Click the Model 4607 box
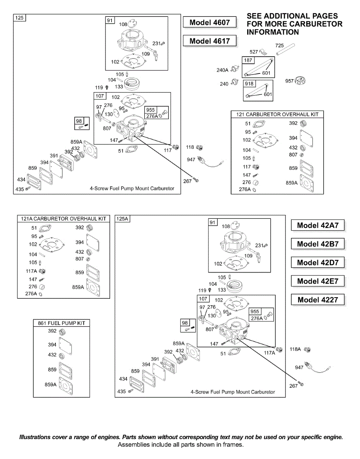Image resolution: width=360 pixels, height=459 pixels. tap(210, 23)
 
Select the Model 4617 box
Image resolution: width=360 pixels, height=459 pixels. tap(210, 41)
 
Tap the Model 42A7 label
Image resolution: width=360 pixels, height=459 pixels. tap(318, 225)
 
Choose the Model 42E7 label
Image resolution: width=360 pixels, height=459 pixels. tap(318, 281)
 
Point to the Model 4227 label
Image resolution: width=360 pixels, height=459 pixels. tap(318, 300)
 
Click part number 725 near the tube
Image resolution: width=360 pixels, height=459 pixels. tap(279, 46)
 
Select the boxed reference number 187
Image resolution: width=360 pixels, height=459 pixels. tap(248, 61)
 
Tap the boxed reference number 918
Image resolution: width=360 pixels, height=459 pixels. tap(249, 84)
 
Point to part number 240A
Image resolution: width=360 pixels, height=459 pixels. tap(222, 70)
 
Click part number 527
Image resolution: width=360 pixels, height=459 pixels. tap(254, 52)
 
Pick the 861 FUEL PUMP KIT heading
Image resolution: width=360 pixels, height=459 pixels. tap(62, 323)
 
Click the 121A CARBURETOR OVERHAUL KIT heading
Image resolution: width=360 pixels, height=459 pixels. tap(63, 219)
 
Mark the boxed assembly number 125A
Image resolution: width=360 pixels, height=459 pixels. tap(123, 219)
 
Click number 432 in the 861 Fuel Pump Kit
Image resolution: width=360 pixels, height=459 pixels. tap(52, 355)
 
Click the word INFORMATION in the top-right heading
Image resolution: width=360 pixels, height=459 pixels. tap(273, 32)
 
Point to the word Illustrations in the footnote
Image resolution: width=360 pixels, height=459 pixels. tap(37, 437)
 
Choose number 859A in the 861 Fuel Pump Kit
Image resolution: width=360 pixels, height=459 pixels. tap(51, 385)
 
